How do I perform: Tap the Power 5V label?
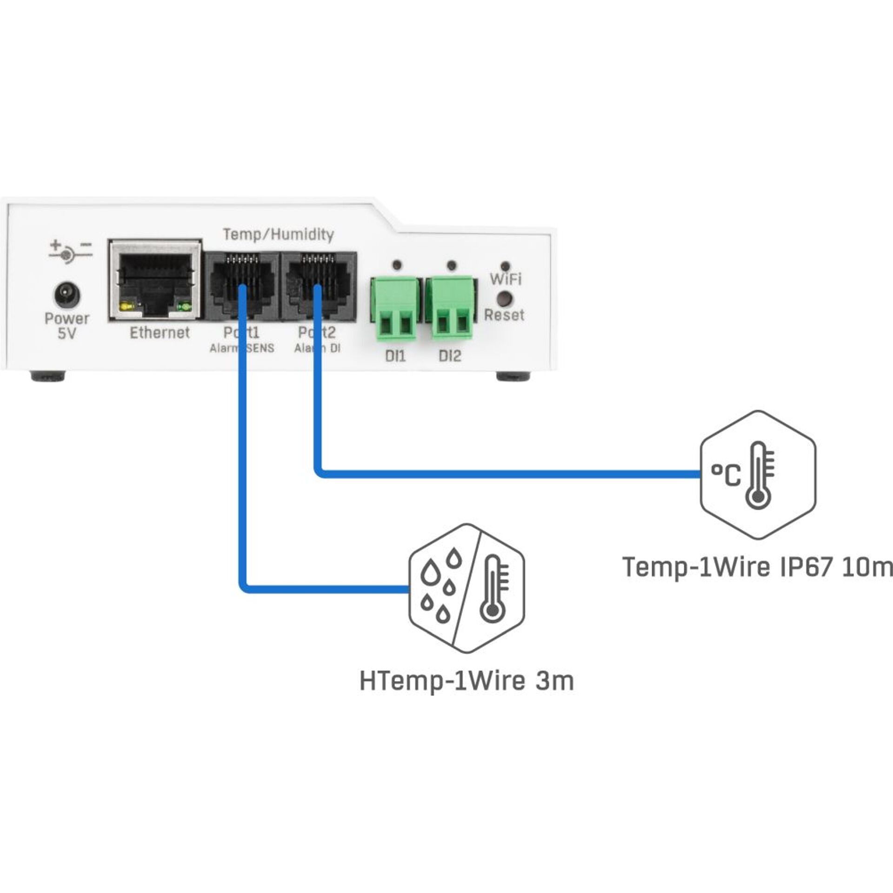(67, 326)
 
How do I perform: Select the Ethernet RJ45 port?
(155, 280)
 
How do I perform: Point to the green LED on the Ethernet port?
(185, 307)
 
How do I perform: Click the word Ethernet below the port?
(160, 333)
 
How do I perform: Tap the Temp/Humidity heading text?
(278, 234)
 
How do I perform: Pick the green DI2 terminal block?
(450, 308)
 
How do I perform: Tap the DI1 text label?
(395, 356)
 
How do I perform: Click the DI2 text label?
(450, 356)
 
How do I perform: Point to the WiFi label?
(506, 280)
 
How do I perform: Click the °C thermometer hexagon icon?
(758, 475)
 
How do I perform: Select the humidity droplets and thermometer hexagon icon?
(466, 588)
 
